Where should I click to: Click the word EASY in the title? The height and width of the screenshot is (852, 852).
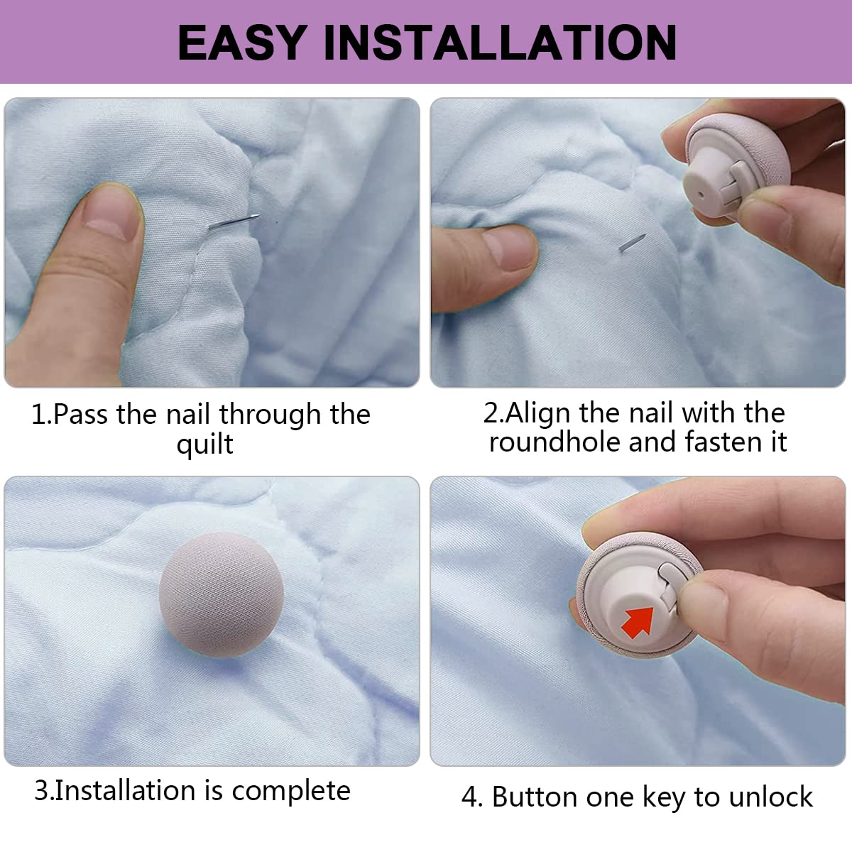point(242,42)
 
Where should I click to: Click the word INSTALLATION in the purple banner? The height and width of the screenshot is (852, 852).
point(500,42)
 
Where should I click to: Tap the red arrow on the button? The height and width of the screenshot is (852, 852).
point(638,622)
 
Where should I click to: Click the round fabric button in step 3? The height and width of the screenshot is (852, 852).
point(221,595)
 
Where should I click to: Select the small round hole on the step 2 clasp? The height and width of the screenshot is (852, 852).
point(701,195)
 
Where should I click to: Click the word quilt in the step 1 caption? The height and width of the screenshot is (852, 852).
point(204,444)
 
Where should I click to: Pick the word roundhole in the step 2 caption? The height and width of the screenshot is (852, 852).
point(555,442)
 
